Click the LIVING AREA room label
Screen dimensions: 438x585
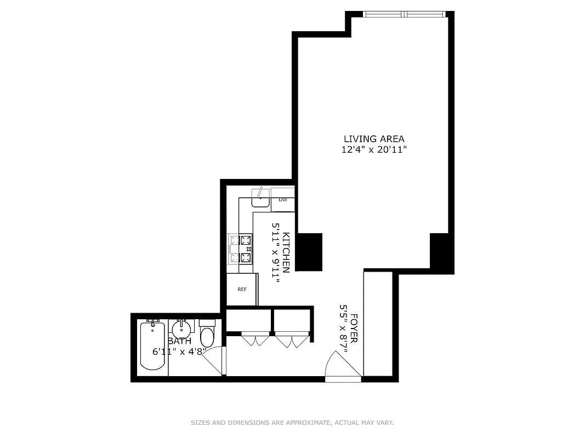[x=374, y=139]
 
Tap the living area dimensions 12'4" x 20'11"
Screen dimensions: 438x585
[x=374, y=149]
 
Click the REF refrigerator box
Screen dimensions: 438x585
[x=242, y=289]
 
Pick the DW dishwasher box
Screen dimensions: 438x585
[x=283, y=200]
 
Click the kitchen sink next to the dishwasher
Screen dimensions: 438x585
[x=260, y=198]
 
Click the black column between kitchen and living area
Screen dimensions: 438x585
[x=309, y=251]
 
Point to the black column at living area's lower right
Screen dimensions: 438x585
[x=441, y=252]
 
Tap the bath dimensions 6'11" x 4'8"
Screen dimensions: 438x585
[x=179, y=352]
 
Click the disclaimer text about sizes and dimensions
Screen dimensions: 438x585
[x=292, y=423]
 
